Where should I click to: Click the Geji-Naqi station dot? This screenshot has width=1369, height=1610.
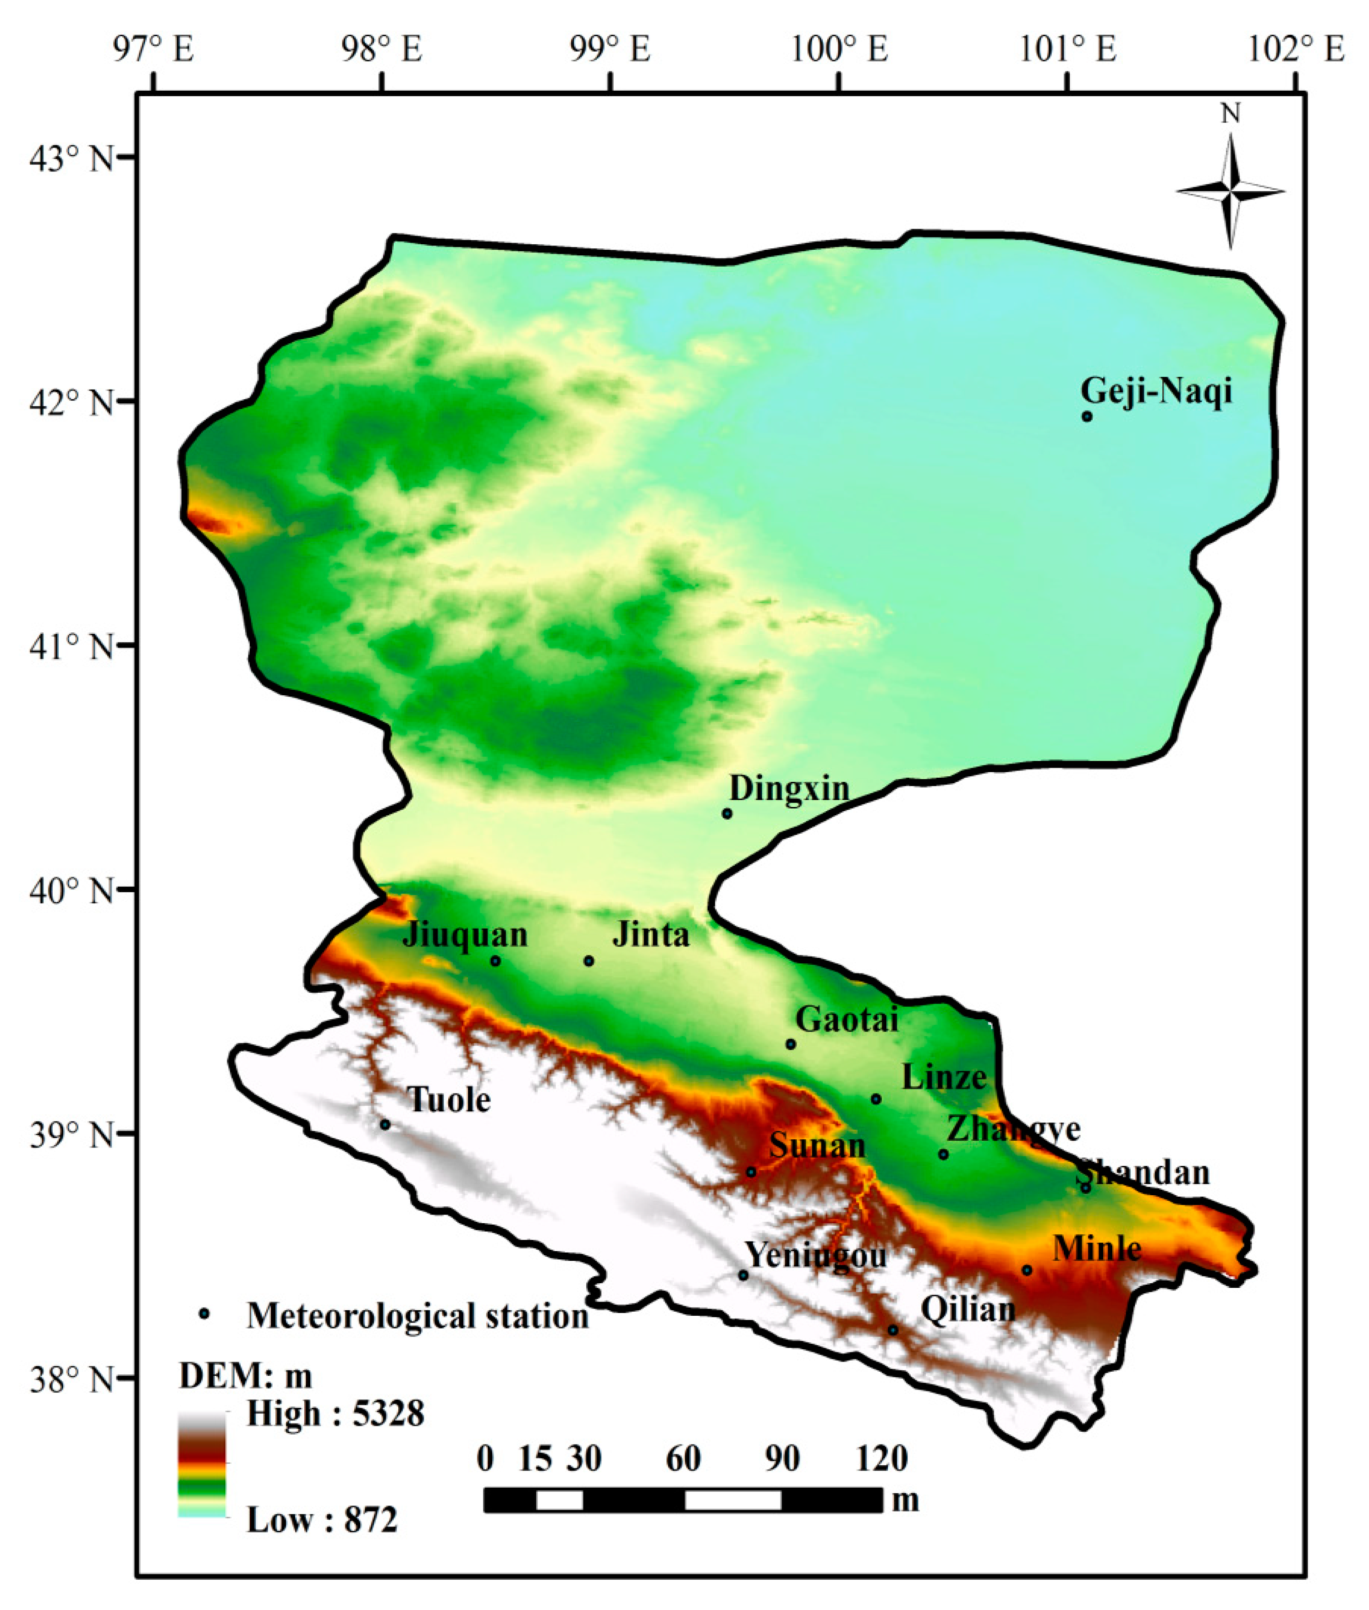(x=1087, y=417)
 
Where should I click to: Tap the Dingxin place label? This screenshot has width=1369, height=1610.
(x=789, y=789)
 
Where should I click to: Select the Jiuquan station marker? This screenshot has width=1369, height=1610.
(x=495, y=962)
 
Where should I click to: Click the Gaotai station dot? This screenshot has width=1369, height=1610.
(x=791, y=1044)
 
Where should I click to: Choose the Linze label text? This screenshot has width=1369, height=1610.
(x=944, y=1078)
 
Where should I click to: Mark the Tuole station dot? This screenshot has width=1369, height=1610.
(x=385, y=1124)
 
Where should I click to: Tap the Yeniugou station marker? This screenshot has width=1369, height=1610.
(x=743, y=1275)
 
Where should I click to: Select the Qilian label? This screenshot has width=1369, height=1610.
(x=968, y=1310)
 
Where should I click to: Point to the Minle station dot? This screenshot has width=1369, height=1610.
(x=1027, y=1270)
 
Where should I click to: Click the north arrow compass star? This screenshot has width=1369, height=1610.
(x=1230, y=191)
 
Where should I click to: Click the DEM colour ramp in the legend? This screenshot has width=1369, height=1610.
(x=202, y=1464)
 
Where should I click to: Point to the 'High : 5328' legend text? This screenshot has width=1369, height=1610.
(x=335, y=1414)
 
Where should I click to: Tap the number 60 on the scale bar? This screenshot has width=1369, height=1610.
(x=683, y=1459)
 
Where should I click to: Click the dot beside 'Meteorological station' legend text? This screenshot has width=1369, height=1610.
(x=204, y=1313)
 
